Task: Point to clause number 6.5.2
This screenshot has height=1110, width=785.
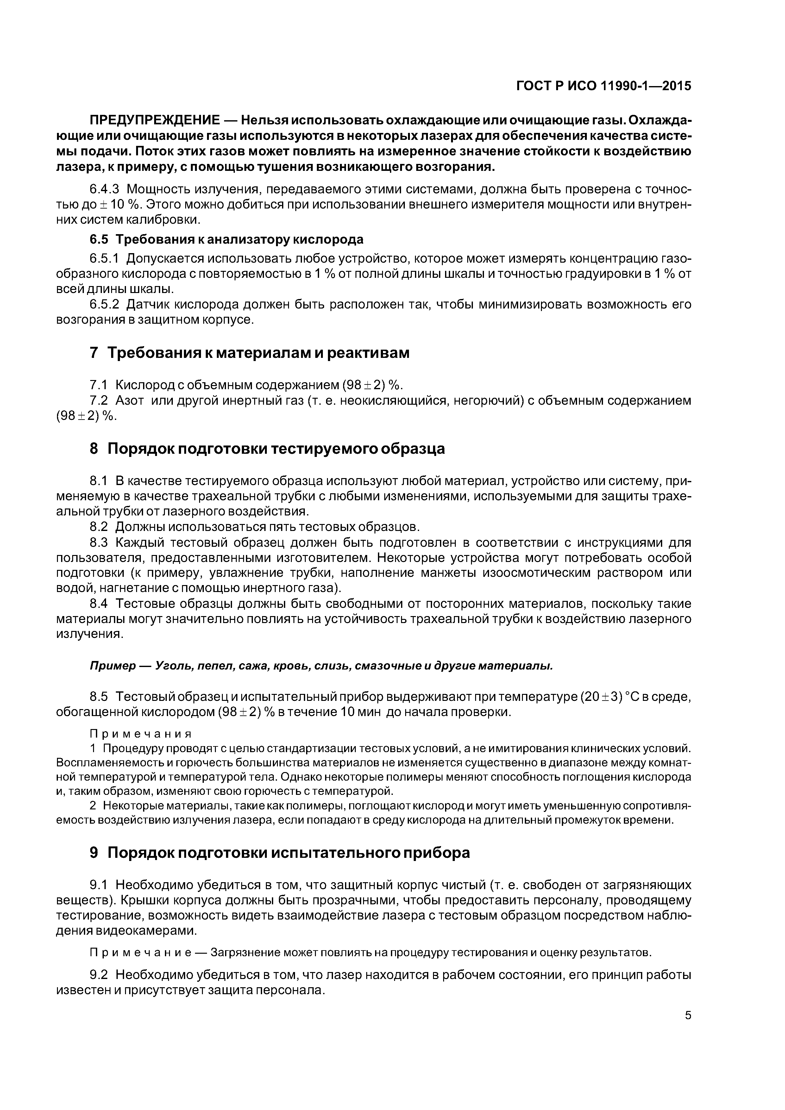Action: [104, 305]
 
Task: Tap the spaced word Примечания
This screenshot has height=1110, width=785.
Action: [141, 734]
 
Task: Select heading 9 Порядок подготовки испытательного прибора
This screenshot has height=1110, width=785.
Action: [279, 853]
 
